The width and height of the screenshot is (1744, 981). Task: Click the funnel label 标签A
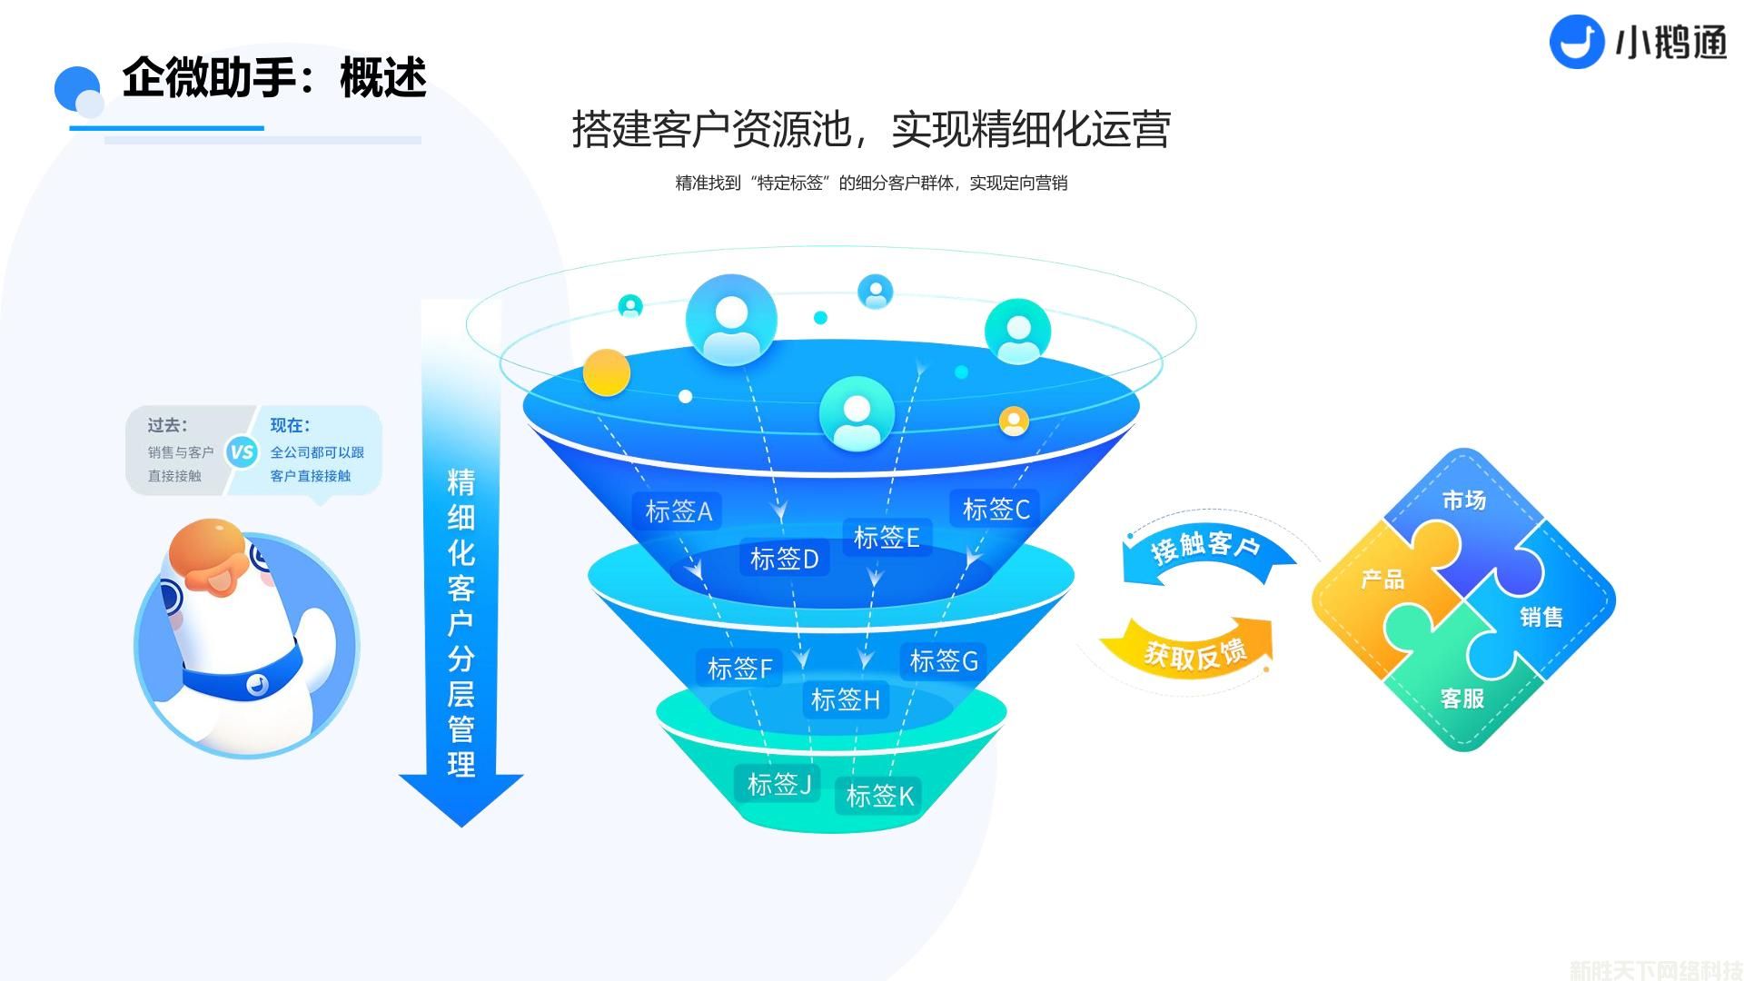coord(678,511)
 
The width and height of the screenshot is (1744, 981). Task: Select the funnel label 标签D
coord(784,559)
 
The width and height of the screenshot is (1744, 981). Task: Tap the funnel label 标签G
coord(943,660)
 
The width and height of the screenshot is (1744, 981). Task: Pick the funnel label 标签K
coord(878,796)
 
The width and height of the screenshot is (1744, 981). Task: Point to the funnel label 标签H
coord(845,699)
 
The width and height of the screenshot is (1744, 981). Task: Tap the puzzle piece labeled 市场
coord(1463,509)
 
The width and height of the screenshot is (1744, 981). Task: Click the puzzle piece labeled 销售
coord(1541,618)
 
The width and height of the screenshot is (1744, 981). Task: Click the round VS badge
coord(242,451)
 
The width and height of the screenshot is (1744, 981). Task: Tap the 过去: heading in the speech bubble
coord(167,425)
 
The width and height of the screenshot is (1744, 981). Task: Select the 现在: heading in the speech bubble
coord(290,425)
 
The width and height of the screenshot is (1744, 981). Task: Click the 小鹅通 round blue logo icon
coord(1577,42)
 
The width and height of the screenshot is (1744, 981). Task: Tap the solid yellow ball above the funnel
coord(606,372)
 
